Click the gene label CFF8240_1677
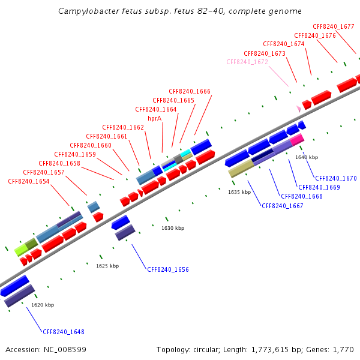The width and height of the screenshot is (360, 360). (x=334, y=26)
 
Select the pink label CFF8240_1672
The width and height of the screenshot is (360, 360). (x=247, y=62)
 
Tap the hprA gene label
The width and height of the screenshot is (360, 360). (x=155, y=118)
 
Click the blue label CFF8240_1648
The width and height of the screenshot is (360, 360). (x=64, y=331)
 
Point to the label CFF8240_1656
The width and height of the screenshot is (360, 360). (x=168, y=269)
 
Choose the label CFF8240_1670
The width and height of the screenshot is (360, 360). (x=336, y=178)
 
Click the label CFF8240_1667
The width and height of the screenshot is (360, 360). (x=283, y=206)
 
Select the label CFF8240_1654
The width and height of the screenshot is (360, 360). (x=29, y=181)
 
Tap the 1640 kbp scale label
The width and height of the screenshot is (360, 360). (x=307, y=157)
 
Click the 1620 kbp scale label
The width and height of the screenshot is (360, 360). (x=43, y=305)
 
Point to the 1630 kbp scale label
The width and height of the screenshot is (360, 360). (x=173, y=228)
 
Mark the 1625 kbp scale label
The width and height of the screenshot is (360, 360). (x=107, y=265)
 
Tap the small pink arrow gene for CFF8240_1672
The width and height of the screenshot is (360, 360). (x=298, y=109)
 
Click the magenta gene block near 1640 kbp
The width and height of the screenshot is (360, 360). (x=296, y=140)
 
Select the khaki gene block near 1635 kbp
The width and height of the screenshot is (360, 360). (x=240, y=170)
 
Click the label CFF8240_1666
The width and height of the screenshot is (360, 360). (x=190, y=91)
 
